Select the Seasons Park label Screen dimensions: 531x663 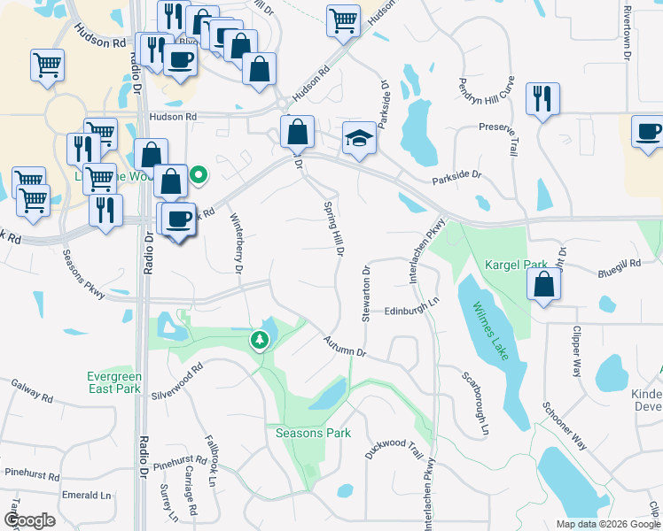click(x=313, y=433)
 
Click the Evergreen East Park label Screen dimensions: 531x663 click(x=114, y=382)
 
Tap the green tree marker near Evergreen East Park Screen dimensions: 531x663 click(x=259, y=340)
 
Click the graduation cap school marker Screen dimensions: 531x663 click(x=359, y=138)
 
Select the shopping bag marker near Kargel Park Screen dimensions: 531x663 click(x=544, y=285)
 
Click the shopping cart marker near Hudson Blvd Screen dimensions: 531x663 click(x=343, y=20)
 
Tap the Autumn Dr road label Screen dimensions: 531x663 click(x=345, y=347)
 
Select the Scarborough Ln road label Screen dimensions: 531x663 click(x=475, y=402)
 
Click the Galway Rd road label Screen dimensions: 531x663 click(x=31, y=391)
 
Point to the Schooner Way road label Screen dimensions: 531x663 click(x=565, y=426)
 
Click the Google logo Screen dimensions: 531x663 click(x=29, y=520)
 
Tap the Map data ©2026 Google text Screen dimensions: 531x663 click(x=607, y=524)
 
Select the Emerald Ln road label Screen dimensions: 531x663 click(x=86, y=496)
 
